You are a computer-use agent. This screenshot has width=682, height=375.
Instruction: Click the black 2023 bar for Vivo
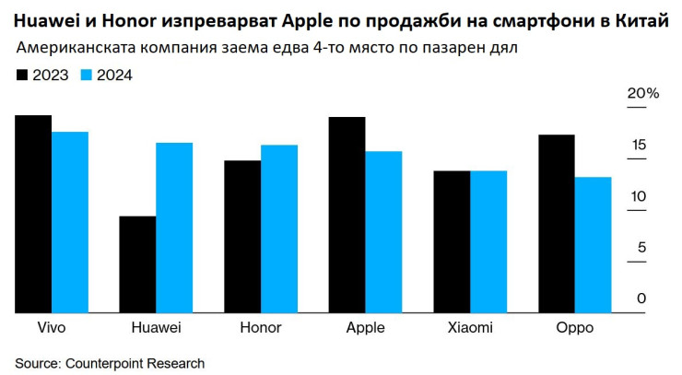33,214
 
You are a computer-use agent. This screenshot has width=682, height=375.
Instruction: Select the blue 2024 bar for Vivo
69,222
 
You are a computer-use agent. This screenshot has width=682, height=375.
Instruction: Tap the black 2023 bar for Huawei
137,264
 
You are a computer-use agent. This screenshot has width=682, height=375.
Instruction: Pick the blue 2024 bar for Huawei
174,228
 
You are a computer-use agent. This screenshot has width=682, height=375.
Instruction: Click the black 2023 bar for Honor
242,237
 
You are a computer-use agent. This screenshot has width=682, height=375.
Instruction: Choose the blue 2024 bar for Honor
278,229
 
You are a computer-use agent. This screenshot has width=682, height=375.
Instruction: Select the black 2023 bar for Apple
347,215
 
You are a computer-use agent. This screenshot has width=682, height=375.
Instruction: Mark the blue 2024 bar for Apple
383,232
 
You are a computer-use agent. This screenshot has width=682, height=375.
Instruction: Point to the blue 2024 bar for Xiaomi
488,241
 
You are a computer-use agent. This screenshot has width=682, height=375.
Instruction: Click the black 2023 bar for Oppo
557,224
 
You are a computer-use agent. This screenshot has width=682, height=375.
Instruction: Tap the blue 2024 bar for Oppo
593,245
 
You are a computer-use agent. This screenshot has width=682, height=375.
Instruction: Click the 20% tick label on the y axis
642,94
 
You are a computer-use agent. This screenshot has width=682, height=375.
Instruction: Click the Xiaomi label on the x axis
469,328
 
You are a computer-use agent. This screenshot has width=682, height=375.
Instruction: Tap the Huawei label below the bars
156,328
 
